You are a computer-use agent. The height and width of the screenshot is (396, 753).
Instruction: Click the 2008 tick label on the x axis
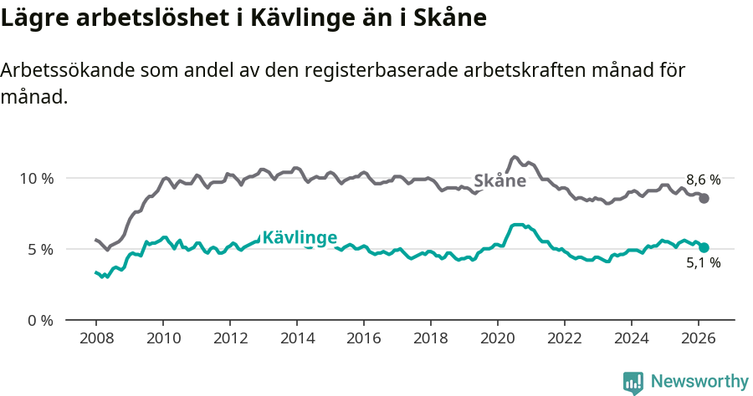click(x=95, y=338)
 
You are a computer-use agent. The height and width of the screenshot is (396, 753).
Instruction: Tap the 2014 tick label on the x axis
click(x=296, y=338)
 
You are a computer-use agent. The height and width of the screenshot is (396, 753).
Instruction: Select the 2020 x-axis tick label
click(x=498, y=338)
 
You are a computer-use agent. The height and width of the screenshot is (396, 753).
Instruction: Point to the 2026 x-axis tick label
click(x=699, y=338)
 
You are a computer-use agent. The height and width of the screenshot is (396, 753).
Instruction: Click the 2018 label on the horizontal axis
click(x=431, y=338)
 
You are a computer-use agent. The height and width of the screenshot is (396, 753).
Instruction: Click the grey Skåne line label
click(x=499, y=180)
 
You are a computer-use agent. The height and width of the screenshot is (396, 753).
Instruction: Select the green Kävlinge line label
click(x=300, y=238)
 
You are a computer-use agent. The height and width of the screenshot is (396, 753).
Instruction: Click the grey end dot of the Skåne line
click(x=704, y=198)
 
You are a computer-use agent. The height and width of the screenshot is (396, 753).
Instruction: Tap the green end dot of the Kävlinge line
click(x=704, y=247)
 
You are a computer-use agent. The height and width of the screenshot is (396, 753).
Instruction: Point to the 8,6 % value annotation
click(x=704, y=180)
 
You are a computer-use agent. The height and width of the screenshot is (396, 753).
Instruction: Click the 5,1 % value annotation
click(x=704, y=263)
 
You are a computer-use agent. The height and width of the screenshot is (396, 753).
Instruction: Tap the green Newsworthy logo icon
click(x=633, y=383)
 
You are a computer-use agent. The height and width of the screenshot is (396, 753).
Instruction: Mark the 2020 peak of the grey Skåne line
click(x=515, y=157)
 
